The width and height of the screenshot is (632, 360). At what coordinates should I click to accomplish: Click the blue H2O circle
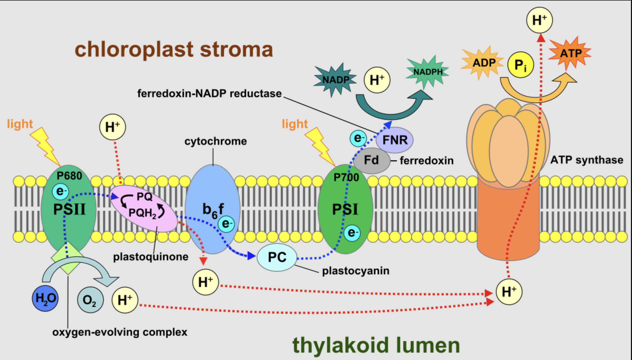[45, 299]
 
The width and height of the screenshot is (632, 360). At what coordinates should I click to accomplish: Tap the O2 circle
[90, 300]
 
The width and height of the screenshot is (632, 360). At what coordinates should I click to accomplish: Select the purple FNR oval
[395, 140]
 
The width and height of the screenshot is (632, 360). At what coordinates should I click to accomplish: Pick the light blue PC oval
[277, 257]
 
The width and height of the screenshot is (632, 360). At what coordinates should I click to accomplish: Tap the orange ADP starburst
[483, 63]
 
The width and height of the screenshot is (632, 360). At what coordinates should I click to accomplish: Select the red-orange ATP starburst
[570, 54]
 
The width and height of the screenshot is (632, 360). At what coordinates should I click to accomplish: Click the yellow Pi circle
[521, 65]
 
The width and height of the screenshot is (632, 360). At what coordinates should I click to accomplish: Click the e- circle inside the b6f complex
[226, 224]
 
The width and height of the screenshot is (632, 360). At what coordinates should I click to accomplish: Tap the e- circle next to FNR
[358, 138]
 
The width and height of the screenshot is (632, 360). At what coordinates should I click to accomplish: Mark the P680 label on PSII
[69, 176]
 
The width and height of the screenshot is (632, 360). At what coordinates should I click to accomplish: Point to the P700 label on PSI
[346, 178]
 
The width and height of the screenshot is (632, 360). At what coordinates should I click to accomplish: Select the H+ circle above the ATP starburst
[539, 20]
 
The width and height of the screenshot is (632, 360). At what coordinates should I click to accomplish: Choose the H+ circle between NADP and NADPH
[377, 80]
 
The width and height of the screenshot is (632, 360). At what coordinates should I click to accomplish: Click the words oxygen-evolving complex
[120, 332]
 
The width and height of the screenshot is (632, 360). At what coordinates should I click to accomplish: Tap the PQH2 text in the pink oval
[142, 213]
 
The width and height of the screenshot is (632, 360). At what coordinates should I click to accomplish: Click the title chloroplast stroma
[174, 49]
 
